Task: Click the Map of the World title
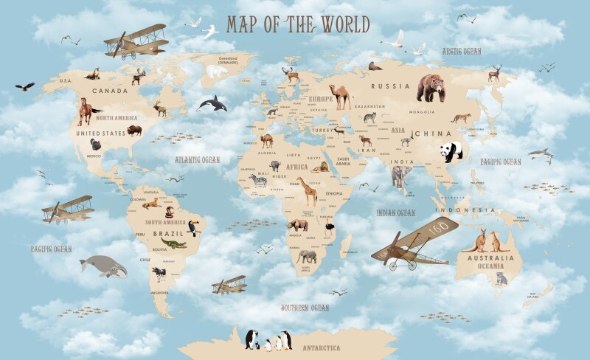click(x=298, y=25)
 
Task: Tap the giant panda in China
click(x=451, y=151)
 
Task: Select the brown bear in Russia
click(x=431, y=88)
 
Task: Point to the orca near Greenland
click(x=213, y=103)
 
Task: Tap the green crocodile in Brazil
click(x=174, y=243)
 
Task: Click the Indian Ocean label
click(x=395, y=212)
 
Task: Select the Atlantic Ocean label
click(x=197, y=159)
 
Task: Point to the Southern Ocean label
click(x=305, y=308)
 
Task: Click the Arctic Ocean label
click(x=462, y=52)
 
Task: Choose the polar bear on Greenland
click(x=217, y=72)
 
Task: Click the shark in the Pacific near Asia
click(x=541, y=154)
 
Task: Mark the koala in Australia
click(x=502, y=278)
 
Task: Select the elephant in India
click(x=401, y=176)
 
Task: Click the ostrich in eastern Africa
click(x=332, y=223)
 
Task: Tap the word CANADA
click(x=109, y=91)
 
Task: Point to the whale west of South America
click(x=103, y=266)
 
